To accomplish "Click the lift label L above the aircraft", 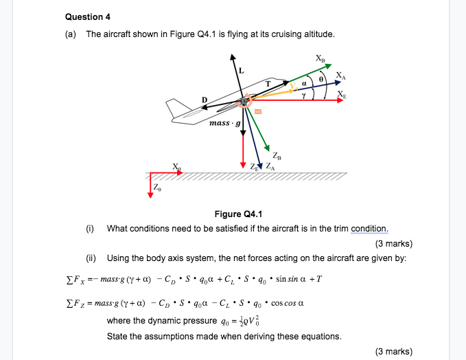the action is coord(241,70).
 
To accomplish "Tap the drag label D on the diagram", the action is coord(204,100).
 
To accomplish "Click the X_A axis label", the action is coord(340,75).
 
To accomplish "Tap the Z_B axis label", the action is coord(275,155).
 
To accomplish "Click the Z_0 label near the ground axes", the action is coord(158,187).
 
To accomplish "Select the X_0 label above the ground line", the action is coord(178,167).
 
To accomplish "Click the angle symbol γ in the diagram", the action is coord(302,97).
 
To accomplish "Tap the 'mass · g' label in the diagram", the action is coord(224,124).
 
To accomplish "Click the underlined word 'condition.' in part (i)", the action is coord(369,228).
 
